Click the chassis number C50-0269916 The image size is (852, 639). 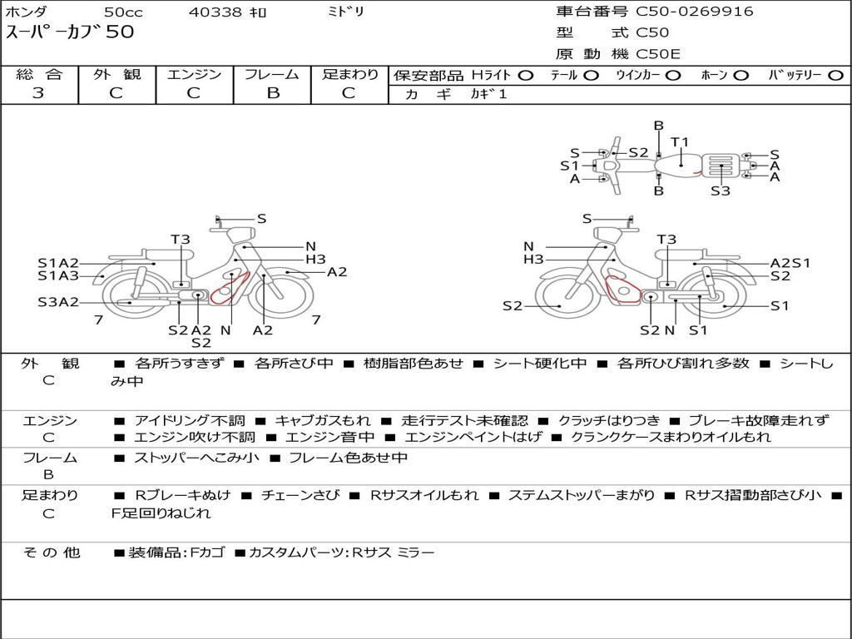(695, 12)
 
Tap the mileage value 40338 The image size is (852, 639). (215, 12)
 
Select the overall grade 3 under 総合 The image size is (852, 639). (38, 93)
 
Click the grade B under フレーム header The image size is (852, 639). (273, 93)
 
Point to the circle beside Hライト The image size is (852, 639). (526, 76)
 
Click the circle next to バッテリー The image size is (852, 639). (836, 76)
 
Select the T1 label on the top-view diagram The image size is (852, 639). (680, 142)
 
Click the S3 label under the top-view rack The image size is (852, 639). (721, 191)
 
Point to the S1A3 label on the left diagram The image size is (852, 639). (58, 276)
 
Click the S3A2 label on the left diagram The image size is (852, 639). (58, 302)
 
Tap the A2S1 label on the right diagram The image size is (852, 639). (790, 263)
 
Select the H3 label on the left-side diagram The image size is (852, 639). (315, 260)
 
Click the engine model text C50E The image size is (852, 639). (658, 54)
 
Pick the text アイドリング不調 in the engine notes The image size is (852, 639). (190, 420)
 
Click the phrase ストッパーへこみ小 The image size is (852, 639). (196, 458)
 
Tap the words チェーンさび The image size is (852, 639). (300, 495)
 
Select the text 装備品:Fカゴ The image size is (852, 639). (176, 553)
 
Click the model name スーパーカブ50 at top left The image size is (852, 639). (70, 32)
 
